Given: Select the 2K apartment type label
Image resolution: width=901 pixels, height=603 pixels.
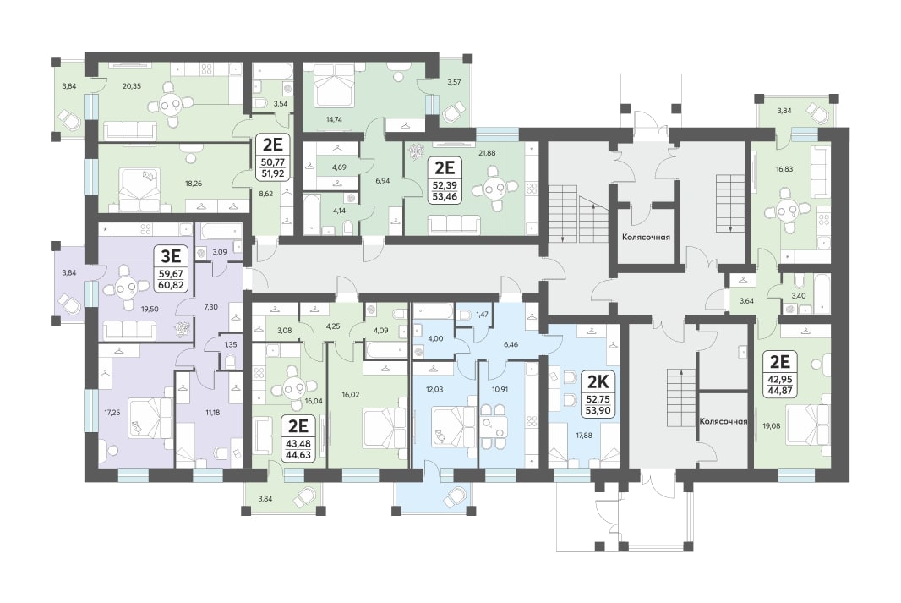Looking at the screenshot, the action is pos(598,381).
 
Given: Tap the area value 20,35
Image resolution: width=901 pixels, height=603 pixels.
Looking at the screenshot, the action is pos(132,86).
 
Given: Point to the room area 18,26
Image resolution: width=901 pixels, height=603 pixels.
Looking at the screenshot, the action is pos(193,184).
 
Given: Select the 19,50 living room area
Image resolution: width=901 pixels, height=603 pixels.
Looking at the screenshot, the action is pos(150,309).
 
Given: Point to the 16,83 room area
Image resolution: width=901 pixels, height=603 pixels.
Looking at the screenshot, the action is pos(784,169).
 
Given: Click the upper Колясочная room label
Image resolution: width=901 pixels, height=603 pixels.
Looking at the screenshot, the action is pos(646,237).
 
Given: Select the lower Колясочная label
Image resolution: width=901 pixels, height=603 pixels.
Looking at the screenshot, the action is pos(724,421).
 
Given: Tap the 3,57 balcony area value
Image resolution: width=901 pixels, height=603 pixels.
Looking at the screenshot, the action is pos(454,82).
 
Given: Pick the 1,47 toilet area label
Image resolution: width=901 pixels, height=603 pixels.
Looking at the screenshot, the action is pos(482,315).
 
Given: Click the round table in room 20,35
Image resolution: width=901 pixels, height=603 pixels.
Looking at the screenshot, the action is pos(170,105).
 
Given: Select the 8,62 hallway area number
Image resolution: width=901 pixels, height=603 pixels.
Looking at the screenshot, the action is pos(265,195).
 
